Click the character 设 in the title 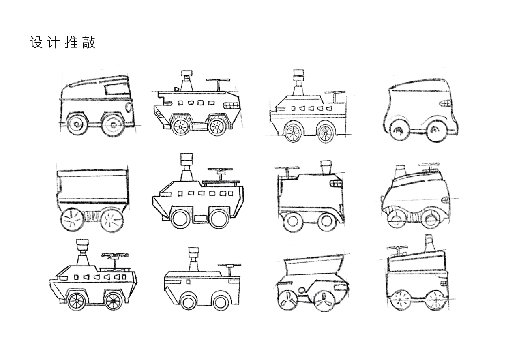(x=36, y=43)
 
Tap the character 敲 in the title (x=89, y=43)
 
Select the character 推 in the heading (x=71, y=43)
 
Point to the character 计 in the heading (x=54, y=43)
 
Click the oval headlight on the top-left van (x=129, y=107)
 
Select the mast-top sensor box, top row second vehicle (x=187, y=74)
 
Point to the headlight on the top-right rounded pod (x=445, y=103)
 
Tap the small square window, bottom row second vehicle (x=189, y=281)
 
